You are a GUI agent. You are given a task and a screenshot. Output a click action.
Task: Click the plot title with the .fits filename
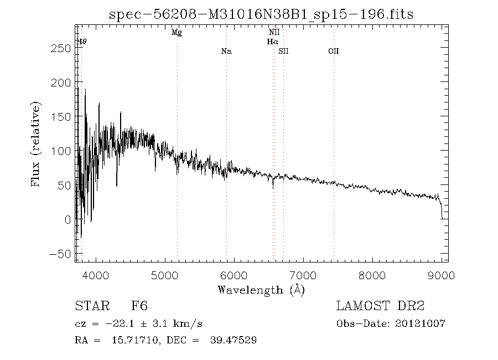262,14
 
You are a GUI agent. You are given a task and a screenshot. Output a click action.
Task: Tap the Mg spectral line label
177,33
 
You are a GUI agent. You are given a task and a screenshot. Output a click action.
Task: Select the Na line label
226,52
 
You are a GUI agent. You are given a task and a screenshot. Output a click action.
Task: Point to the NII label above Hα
274,33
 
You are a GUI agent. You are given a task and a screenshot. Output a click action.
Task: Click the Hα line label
272,42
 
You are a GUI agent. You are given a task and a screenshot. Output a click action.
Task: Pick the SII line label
283,52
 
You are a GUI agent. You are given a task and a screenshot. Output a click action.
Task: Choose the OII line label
333,52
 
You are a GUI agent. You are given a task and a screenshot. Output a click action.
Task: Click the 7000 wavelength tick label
303,274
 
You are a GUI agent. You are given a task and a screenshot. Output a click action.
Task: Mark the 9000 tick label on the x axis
441,274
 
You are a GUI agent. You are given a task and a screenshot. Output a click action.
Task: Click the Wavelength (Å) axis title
261,290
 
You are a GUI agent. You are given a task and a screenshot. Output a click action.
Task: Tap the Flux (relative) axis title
37,144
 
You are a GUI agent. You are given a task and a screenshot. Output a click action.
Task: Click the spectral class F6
139,306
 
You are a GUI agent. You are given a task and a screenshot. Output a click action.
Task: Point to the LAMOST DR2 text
381,306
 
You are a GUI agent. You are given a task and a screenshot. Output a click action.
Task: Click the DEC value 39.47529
232,340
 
